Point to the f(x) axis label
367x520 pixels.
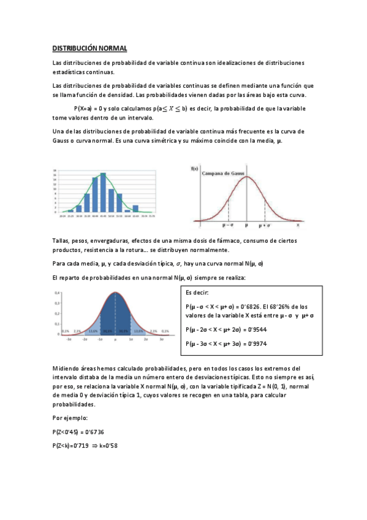pos(195,168)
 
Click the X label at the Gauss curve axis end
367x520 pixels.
pos(298,225)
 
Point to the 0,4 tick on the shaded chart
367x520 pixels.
pos(58,293)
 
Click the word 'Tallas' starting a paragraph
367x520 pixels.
pos(62,240)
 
